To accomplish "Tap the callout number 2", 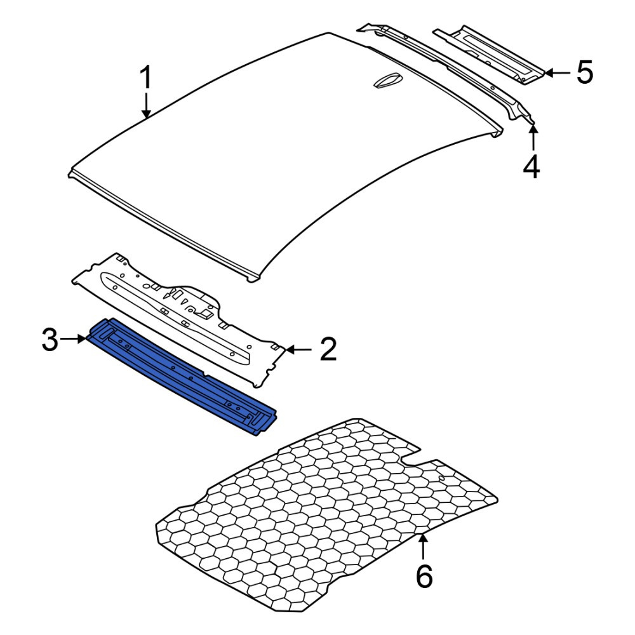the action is (x=328, y=349).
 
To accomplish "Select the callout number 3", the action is (x=50, y=340).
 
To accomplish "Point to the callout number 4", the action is (x=531, y=166).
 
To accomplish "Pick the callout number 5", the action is (x=585, y=72).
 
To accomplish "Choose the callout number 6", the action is (x=424, y=577).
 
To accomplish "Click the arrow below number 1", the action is (x=146, y=105).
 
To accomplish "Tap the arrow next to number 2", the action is (x=298, y=349).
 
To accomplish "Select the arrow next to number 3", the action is (x=74, y=339).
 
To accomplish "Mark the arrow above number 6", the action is (x=423, y=547).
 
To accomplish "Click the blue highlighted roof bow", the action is (x=182, y=377).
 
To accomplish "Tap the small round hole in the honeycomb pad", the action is (x=442, y=478).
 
